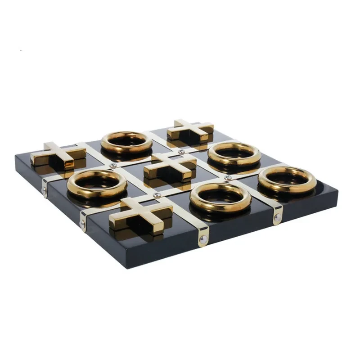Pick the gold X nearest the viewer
(x=140, y=213)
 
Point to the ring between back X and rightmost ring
(x=234, y=153)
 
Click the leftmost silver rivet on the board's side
(x=44, y=190)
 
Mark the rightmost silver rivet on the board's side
(x=277, y=220)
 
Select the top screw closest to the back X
(x=181, y=152)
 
